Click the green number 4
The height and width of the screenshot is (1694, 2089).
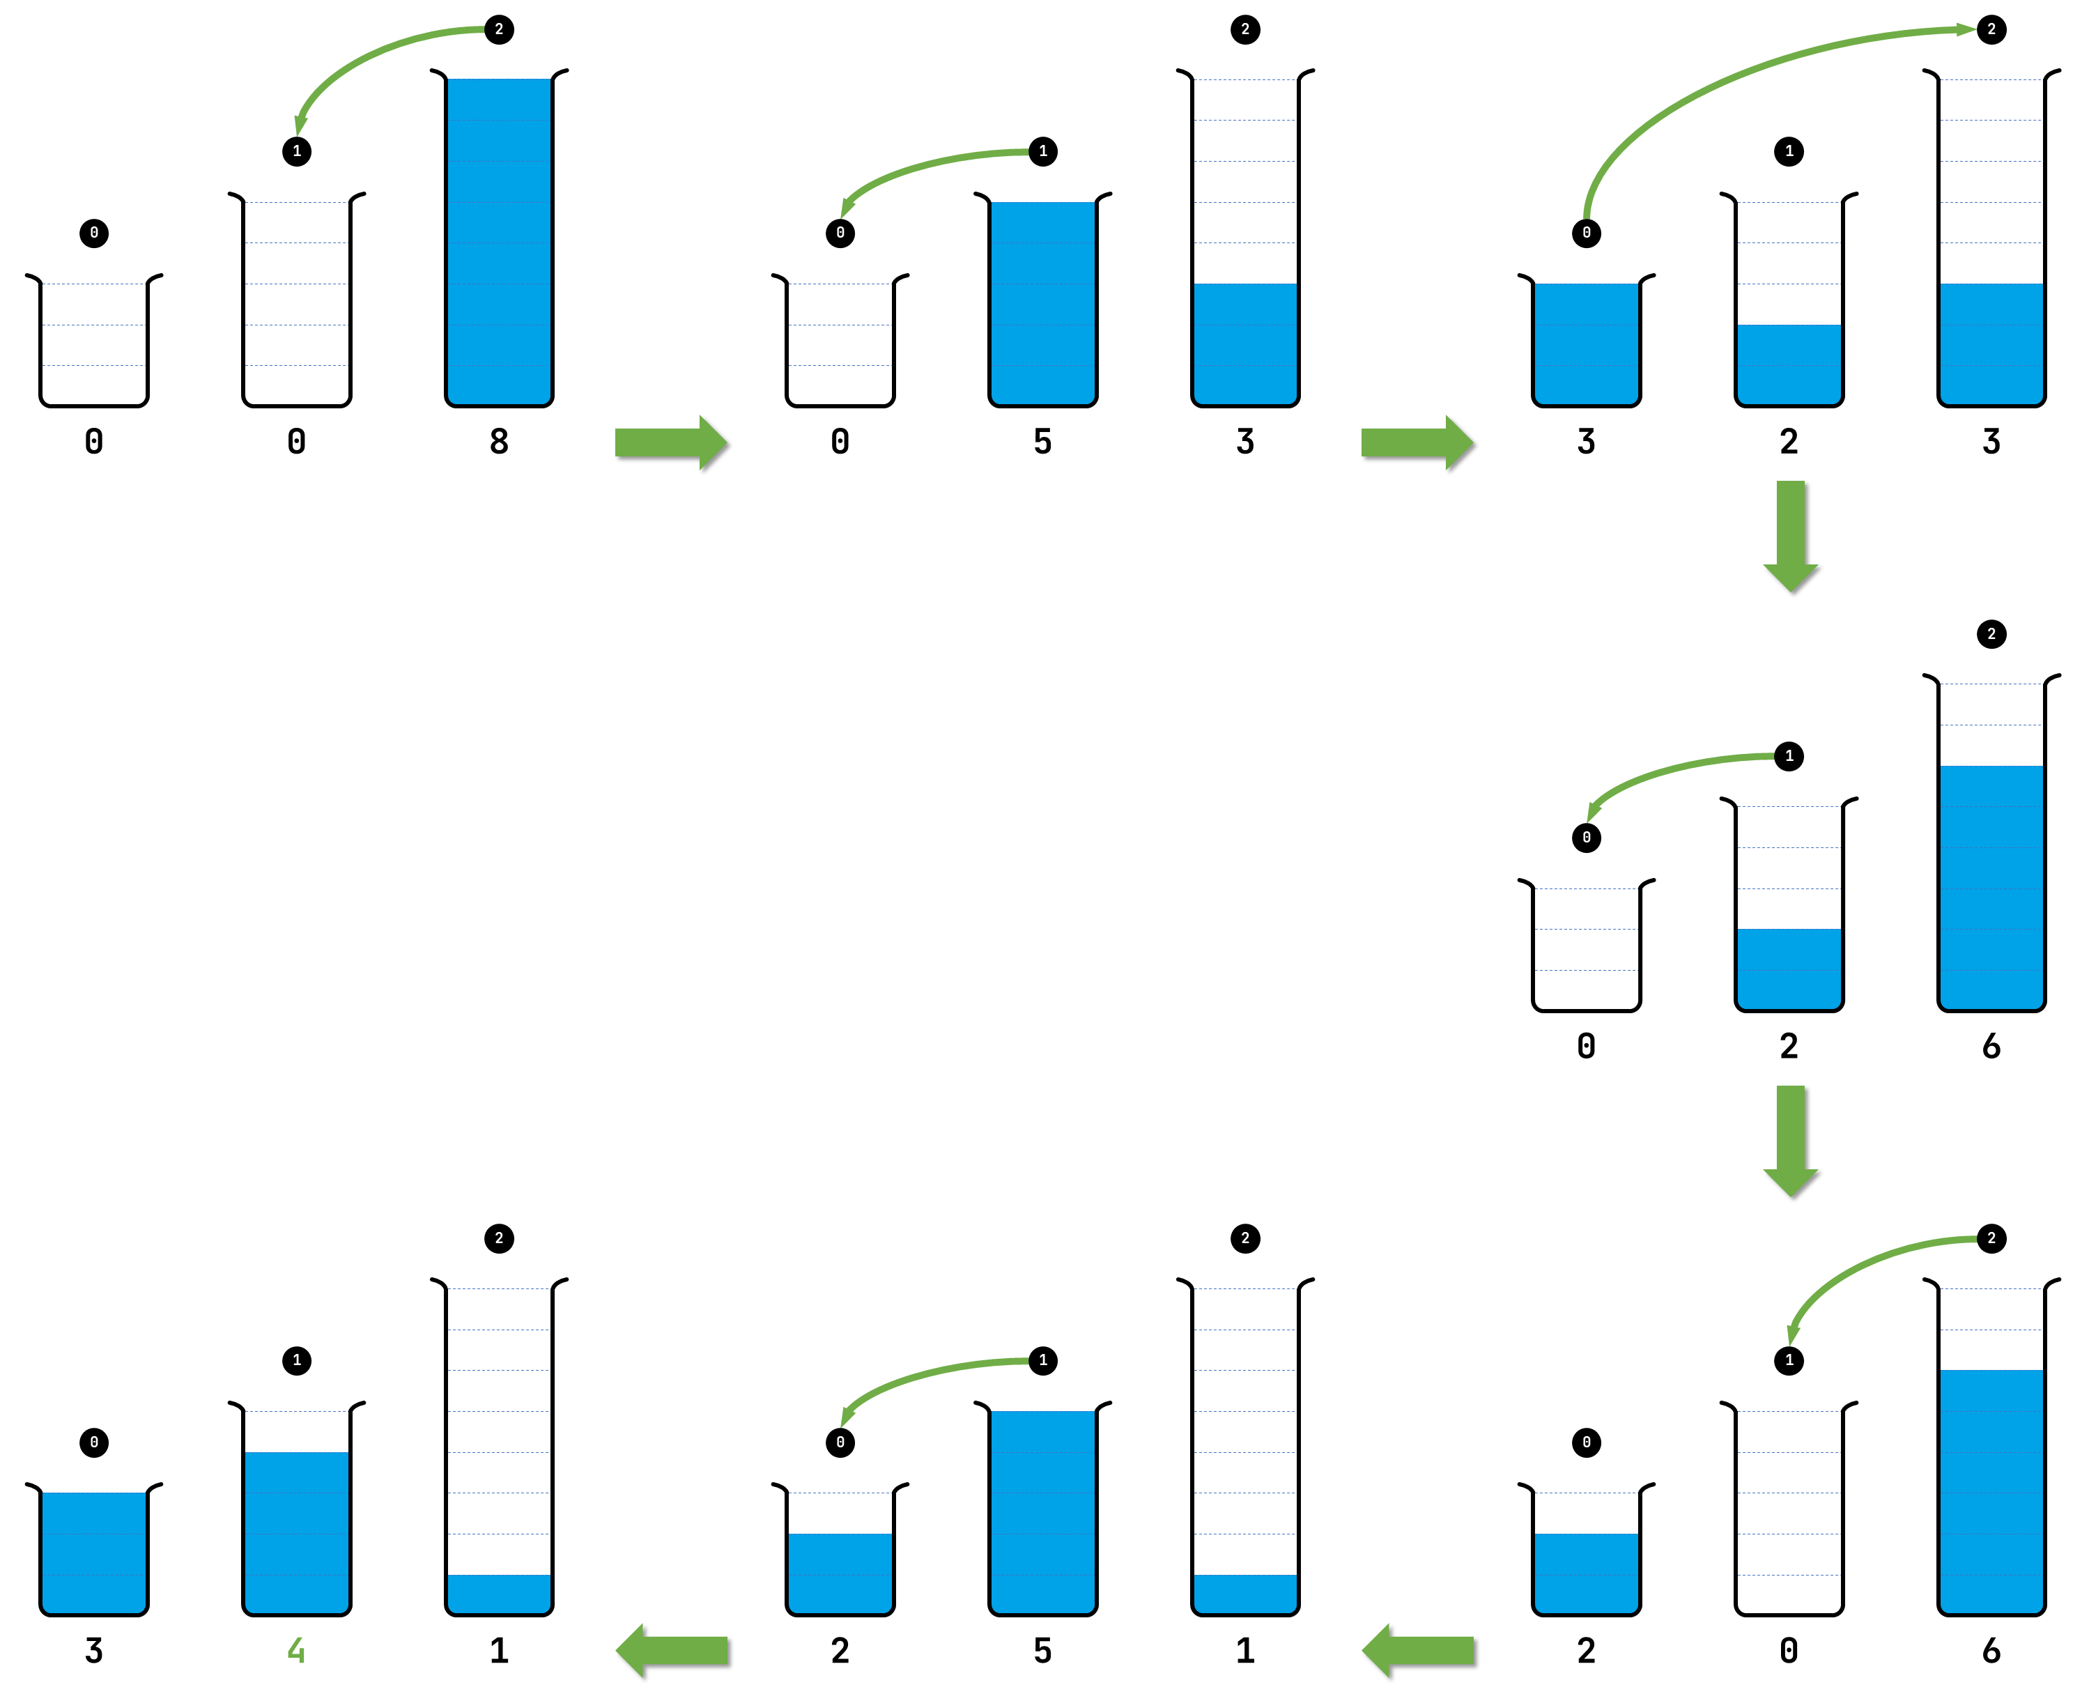pyautogui.click(x=297, y=1650)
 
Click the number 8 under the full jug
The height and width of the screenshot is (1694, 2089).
pyautogui.click(x=499, y=441)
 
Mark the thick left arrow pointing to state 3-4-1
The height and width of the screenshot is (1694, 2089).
pyautogui.click(x=672, y=1650)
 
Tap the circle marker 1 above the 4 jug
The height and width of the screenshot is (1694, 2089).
pyautogui.click(x=297, y=1360)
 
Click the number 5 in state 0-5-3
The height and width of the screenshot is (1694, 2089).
pyautogui.click(x=1043, y=441)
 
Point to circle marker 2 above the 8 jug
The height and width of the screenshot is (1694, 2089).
pyautogui.click(x=499, y=29)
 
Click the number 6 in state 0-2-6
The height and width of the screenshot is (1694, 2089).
pyautogui.click(x=1991, y=1046)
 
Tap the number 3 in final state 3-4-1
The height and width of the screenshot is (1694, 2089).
pyautogui.click(x=93, y=1650)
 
